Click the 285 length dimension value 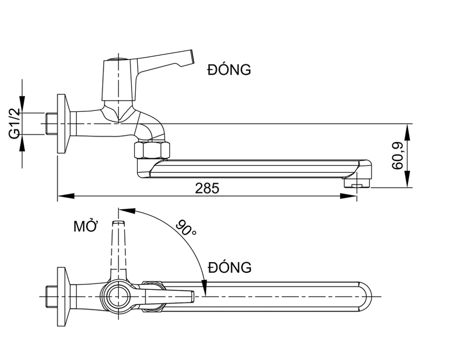point(207,188)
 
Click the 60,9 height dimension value point(397,156)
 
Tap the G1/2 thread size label point(14,123)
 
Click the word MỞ point(86,226)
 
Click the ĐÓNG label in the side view point(229,70)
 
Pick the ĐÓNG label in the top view point(230,268)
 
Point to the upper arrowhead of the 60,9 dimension point(408,130)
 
